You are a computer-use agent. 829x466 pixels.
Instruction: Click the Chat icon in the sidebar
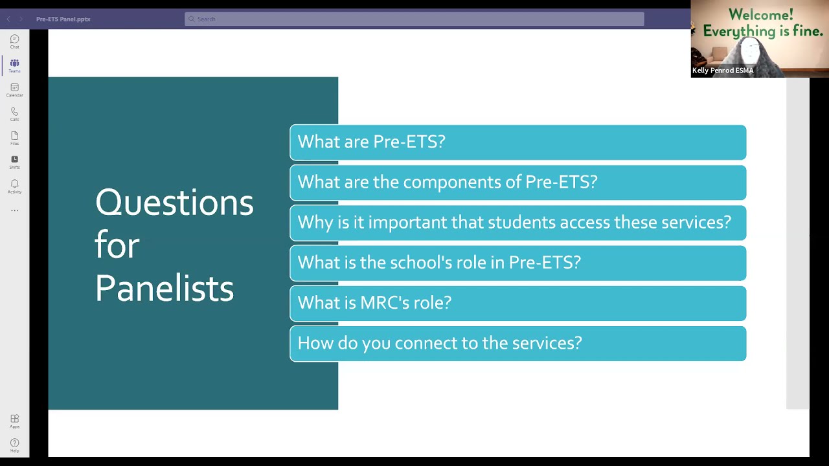14,40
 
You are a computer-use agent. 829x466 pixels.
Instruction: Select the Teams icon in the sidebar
14,64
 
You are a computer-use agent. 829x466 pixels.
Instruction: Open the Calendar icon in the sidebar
14,89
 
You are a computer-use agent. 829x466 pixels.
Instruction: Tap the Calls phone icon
14,113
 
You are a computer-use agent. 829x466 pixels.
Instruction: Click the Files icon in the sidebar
14,137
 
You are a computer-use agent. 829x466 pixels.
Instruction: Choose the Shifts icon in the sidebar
14,161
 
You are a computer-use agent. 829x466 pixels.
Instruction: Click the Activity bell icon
14,185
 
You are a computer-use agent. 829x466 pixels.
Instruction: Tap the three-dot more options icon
14,210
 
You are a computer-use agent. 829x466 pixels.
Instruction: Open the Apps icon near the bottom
14,420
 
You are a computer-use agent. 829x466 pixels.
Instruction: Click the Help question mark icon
14,444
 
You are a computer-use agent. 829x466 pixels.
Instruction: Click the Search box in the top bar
414,19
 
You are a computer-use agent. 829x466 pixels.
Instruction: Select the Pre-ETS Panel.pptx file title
63,19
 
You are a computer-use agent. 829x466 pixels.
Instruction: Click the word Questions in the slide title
174,203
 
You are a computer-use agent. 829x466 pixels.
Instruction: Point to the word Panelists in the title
164,288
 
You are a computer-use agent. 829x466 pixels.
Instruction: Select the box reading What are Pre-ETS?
517,142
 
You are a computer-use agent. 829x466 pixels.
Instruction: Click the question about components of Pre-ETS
517,183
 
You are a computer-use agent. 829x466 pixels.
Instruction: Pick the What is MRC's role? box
517,303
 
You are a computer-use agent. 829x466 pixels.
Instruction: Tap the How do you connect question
517,343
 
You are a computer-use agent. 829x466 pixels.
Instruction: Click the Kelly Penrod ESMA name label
723,71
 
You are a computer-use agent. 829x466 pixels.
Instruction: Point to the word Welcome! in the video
760,15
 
